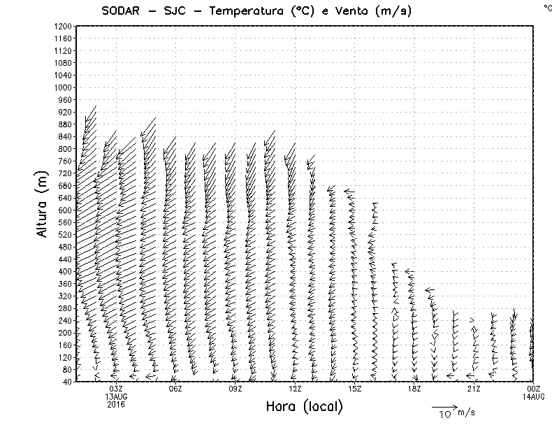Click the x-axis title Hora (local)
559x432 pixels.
pos(305,407)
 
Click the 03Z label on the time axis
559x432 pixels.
pos(116,389)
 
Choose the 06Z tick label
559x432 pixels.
pos(175,389)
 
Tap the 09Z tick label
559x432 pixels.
pos(235,389)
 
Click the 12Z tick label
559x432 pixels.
pos(295,389)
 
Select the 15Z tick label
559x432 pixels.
pos(354,389)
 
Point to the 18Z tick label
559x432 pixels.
pos(414,389)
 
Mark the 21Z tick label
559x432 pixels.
pos(474,389)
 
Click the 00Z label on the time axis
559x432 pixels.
pos(534,389)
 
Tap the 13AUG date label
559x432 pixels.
pos(116,396)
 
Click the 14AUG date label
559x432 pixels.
pos(534,396)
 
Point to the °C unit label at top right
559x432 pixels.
pos(547,7)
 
